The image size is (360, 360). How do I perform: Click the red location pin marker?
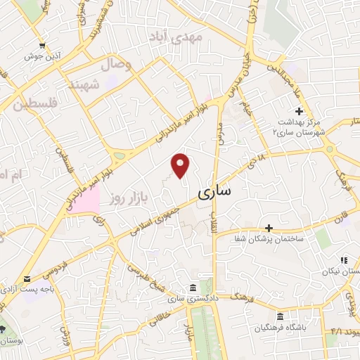pyautogui.click(x=181, y=165)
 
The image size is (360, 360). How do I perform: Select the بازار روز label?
pyautogui.click(x=127, y=199)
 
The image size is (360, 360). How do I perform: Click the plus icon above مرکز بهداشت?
pyautogui.click(x=299, y=111)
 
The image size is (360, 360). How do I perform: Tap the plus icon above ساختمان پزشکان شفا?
pyautogui.click(x=269, y=228)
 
